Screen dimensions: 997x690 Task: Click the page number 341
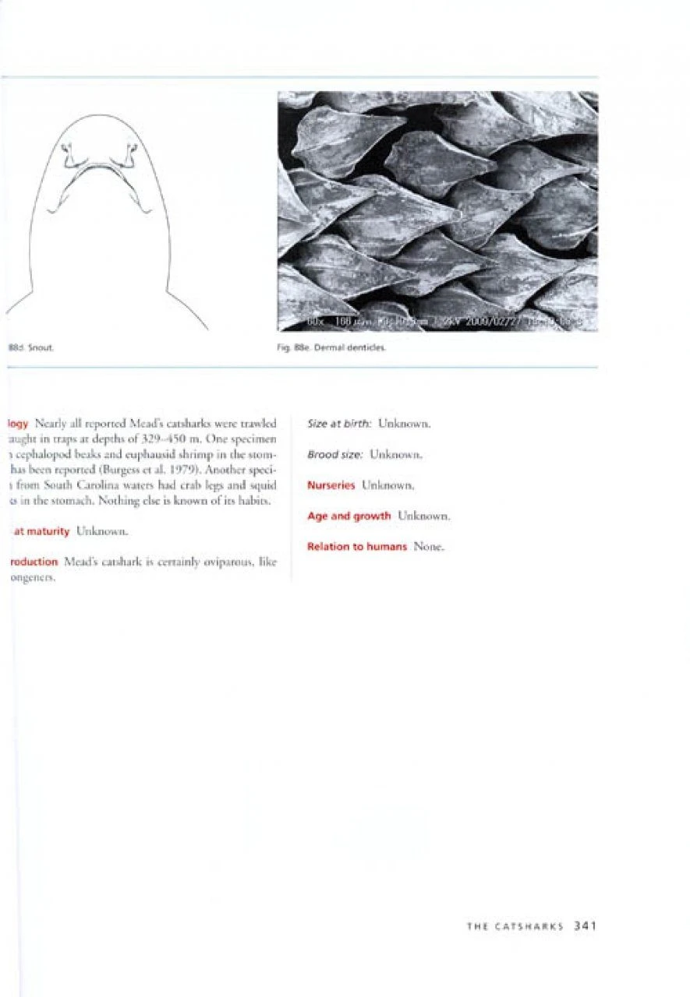click(585, 926)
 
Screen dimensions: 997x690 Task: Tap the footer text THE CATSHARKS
click(515, 927)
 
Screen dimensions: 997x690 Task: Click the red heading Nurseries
click(331, 484)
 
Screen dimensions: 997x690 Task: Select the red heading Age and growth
click(349, 516)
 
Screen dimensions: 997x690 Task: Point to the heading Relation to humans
click(357, 547)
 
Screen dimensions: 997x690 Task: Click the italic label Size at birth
click(338, 423)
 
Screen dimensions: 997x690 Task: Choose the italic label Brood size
click(334, 454)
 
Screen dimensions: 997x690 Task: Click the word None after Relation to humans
click(429, 547)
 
